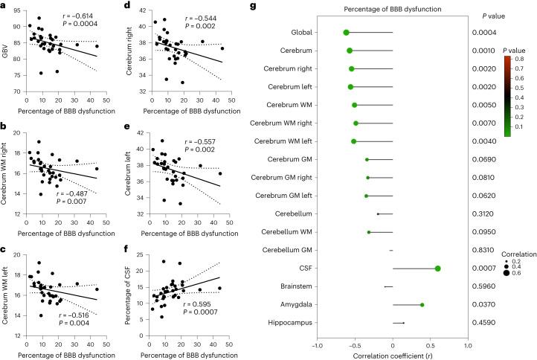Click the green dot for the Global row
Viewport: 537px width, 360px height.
(x=346, y=33)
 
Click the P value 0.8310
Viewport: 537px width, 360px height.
(x=487, y=250)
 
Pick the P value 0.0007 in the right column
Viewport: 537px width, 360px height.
(x=487, y=269)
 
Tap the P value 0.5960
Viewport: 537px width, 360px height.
(x=487, y=286)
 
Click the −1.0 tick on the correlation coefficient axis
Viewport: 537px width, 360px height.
(x=317, y=345)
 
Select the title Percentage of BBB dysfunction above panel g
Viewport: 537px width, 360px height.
(x=393, y=8)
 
